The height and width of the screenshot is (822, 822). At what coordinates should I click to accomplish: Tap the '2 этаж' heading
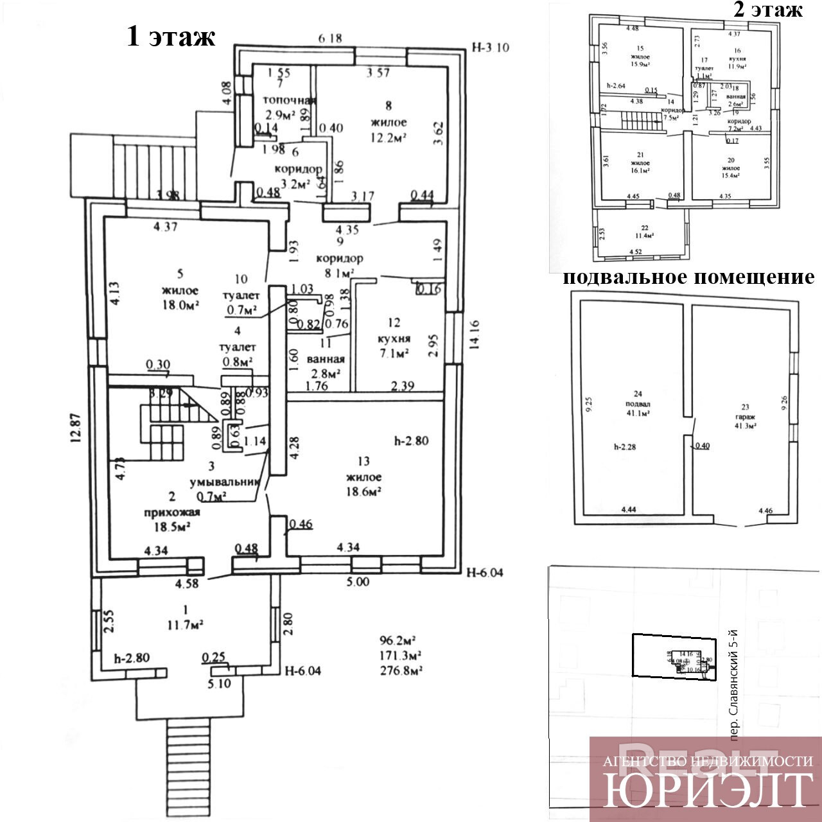(x=767, y=10)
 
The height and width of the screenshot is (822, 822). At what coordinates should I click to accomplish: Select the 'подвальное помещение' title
(x=688, y=277)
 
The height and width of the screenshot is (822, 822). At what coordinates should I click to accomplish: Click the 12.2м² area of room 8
(x=389, y=138)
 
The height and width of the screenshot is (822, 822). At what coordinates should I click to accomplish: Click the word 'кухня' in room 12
(x=394, y=338)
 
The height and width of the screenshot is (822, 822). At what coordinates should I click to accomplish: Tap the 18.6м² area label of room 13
(x=363, y=492)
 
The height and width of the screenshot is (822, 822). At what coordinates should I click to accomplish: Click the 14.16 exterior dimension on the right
(x=476, y=341)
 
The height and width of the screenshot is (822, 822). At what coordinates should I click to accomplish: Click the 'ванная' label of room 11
(x=326, y=360)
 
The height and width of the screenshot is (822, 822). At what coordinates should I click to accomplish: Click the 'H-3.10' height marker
(x=490, y=47)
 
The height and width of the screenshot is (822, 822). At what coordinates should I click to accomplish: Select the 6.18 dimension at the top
(x=329, y=39)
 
